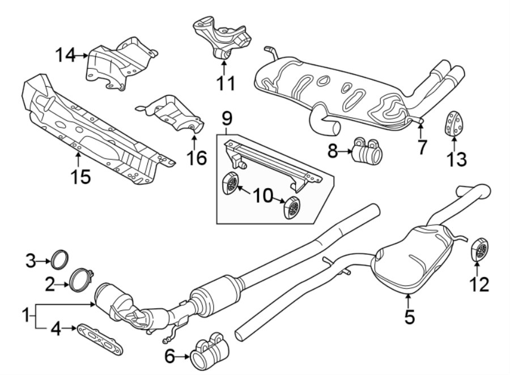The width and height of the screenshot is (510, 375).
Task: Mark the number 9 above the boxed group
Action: click(x=227, y=119)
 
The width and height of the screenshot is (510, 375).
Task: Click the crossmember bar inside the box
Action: click(x=272, y=164)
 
